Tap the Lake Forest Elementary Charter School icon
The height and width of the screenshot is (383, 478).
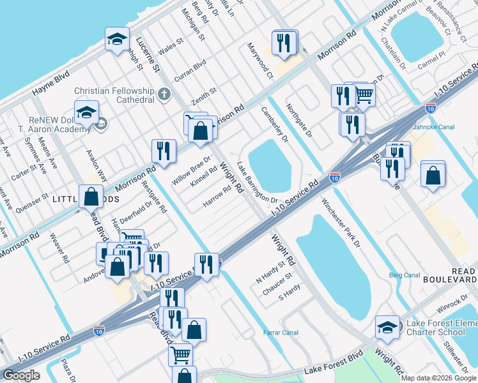(x=387, y=327)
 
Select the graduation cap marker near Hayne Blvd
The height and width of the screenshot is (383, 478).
(x=117, y=40)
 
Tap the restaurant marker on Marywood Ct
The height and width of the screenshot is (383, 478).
(x=284, y=43)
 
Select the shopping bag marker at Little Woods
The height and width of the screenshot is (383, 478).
(x=91, y=196)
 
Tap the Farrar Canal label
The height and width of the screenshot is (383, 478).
(x=281, y=333)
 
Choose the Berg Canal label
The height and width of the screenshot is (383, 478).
(x=404, y=275)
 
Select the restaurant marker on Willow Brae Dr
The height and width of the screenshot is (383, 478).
(x=164, y=151)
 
